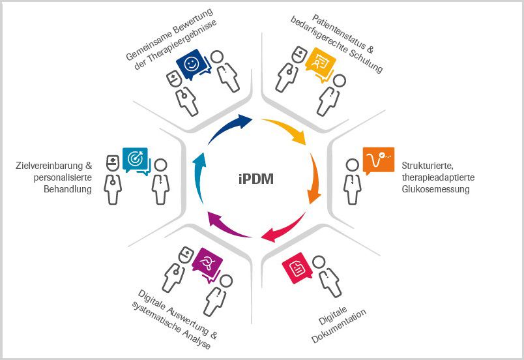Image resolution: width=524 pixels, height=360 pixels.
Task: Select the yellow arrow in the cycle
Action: coord(288,130)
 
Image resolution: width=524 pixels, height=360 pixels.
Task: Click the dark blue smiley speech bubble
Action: coord(192,65)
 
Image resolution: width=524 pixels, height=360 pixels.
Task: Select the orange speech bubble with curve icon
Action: coord(378,159)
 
